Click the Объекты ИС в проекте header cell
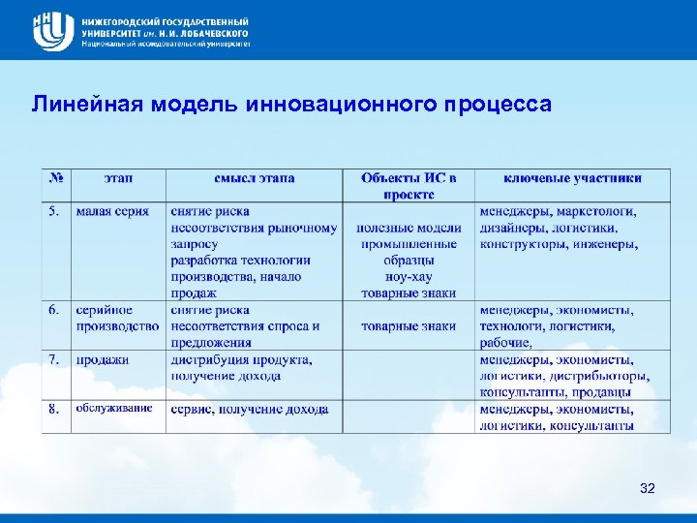point(409,186)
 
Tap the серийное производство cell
point(116,319)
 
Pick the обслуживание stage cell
point(114,409)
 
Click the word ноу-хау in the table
point(409,276)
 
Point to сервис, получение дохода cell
point(250,409)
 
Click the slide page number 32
point(648,488)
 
